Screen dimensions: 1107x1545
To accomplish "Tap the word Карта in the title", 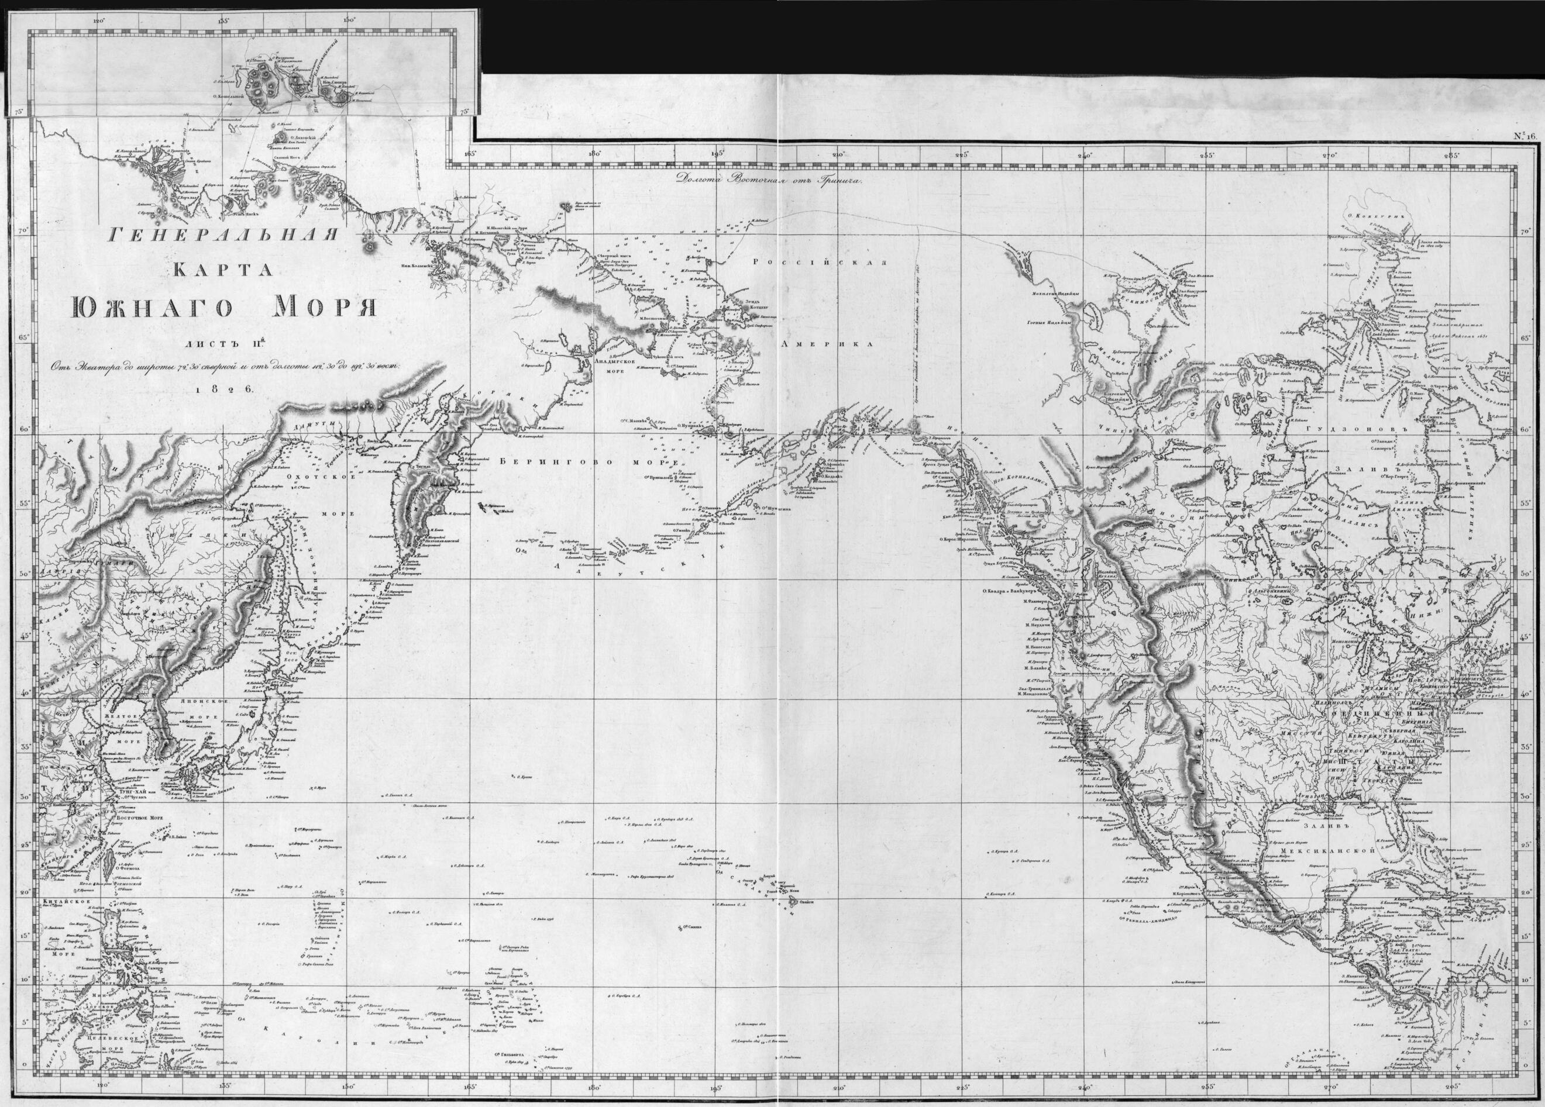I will pos(223,270).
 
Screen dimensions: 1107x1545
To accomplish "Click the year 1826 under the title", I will pos(223,388).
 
